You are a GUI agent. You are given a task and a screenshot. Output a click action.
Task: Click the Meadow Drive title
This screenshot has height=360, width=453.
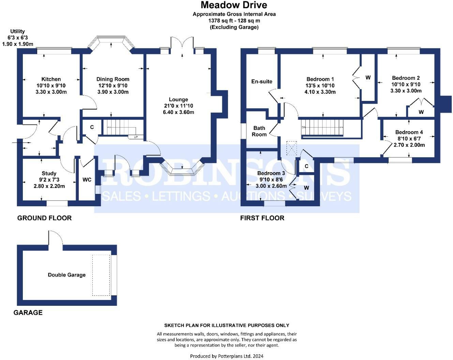pyautogui.click(x=234, y=5)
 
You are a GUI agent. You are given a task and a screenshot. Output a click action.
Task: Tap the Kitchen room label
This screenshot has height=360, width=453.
pyautogui.click(x=51, y=79)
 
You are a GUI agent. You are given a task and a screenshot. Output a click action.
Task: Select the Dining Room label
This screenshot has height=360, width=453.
pyautogui.click(x=113, y=79)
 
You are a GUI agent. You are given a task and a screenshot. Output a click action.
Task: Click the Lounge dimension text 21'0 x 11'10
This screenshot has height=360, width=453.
pyautogui.click(x=179, y=106)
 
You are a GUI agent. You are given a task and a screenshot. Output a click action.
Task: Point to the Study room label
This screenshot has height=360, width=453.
pyautogui.click(x=49, y=174)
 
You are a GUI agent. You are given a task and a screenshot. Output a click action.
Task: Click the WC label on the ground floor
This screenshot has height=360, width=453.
pyautogui.click(x=87, y=180)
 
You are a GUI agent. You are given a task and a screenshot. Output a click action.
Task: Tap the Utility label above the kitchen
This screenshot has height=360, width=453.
pyautogui.click(x=17, y=31)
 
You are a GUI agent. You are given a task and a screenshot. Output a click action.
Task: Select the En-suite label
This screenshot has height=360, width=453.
pyautogui.click(x=262, y=81)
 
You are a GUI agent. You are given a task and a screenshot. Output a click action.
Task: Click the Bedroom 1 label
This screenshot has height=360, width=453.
pyautogui.click(x=320, y=79)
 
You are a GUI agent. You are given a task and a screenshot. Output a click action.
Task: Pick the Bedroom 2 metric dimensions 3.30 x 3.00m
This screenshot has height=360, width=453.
pyautogui.click(x=406, y=91)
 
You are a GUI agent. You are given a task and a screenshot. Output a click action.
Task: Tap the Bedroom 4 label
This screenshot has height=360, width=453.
pyautogui.click(x=409, y=132)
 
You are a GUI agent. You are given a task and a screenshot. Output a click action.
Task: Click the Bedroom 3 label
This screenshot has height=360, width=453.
pyautogui.click(x=271, y=173)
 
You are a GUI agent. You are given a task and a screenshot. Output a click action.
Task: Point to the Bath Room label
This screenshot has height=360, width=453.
pyautogui.click(x=259, y=131)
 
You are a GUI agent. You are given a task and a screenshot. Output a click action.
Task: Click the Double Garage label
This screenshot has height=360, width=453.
pyautogui.click(x=67, y=275)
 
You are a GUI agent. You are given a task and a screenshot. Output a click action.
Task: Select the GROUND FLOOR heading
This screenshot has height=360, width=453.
pyautogui.click(x=44, y=218)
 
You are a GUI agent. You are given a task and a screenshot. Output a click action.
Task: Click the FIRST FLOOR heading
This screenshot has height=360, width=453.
pyautogui.click(x=262, y=218)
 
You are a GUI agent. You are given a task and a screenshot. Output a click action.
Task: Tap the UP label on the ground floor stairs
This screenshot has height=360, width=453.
pyautogui.click(x=136, y=137)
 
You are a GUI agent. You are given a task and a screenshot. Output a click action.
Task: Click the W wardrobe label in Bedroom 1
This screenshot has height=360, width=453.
pyautogui.click(x=368, y=78)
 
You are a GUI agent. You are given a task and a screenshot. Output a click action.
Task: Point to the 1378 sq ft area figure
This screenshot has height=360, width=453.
pyautogui.click(x=221, y=21)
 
